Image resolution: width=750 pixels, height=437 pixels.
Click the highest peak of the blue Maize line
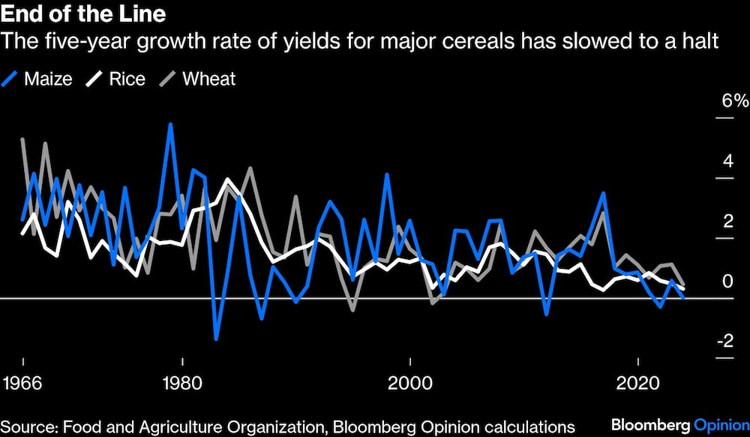tap(171, 124)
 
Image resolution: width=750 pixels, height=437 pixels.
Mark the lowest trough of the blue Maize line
tap(216, 339)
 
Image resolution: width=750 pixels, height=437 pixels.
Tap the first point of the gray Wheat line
tap(22, 139)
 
